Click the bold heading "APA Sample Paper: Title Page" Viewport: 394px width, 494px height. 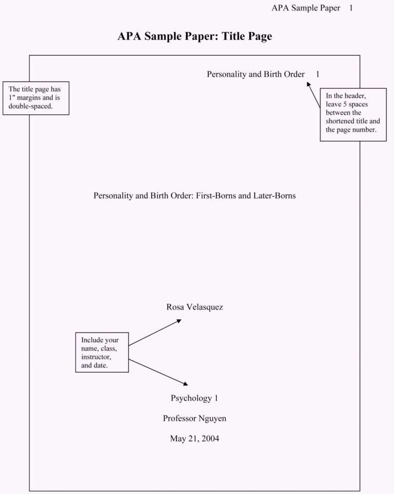pos(194,36)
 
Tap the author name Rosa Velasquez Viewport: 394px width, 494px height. pos(194,307)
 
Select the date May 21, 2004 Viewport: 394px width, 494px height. pos(194,439)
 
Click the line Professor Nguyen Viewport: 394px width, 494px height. pos(194,419)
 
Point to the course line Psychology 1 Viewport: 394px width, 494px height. pos(194,398)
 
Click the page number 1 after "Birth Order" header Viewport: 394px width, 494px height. pos(318,74)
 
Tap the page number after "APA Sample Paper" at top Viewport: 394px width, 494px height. pos(351,8)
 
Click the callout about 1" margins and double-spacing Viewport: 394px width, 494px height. pos(36,98)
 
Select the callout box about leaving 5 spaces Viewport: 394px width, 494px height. pos(353,115)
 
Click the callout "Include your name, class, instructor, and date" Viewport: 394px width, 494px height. pos(102,352)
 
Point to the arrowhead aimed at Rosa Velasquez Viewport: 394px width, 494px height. pos(179,321)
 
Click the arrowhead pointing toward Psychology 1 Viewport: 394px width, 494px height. pos(186,383)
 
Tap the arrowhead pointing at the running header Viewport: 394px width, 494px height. pos(308,84)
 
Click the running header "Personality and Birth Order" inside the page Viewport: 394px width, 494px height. pos(256,74)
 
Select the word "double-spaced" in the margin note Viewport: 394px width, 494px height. pos(31,107)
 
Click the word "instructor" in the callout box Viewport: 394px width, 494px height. pos(96,357)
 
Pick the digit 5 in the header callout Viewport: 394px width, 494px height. pos(345,104)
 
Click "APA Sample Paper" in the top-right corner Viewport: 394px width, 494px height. pos(306,8)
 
